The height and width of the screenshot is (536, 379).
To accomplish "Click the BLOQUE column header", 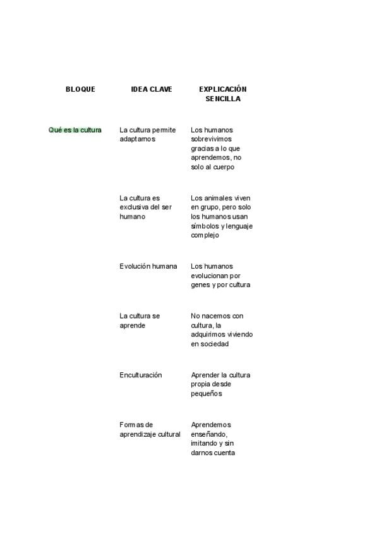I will (80, 89).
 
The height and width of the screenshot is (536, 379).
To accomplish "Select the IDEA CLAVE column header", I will (152, 89).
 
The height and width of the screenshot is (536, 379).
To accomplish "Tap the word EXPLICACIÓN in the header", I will (222, 89).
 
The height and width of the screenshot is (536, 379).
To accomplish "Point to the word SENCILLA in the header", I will (222, 99).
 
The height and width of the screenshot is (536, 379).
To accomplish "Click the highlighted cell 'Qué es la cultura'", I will (75, 130).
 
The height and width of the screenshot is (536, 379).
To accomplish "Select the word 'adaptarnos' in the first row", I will (137, 139).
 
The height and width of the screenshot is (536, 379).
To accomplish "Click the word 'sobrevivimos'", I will (212, 139).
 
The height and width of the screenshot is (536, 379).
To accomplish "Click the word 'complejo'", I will (205, 235).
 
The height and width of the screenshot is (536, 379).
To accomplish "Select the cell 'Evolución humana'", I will (148, 266).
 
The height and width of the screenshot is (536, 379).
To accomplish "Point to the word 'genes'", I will (201, 285).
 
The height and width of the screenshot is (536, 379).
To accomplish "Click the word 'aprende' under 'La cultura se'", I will (133, 326).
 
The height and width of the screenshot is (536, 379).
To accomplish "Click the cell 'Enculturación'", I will (141, 375).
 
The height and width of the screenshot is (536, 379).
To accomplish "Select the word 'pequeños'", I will (207, 394).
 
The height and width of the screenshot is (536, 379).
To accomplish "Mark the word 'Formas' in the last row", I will (131, 425).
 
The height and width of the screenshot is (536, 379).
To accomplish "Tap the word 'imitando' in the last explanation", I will (205, 444).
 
